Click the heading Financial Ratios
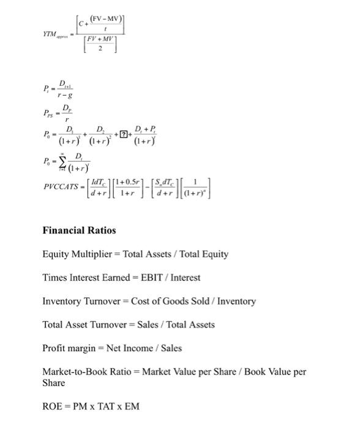(x=79, y=230)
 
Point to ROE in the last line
(x=53, y=406)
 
